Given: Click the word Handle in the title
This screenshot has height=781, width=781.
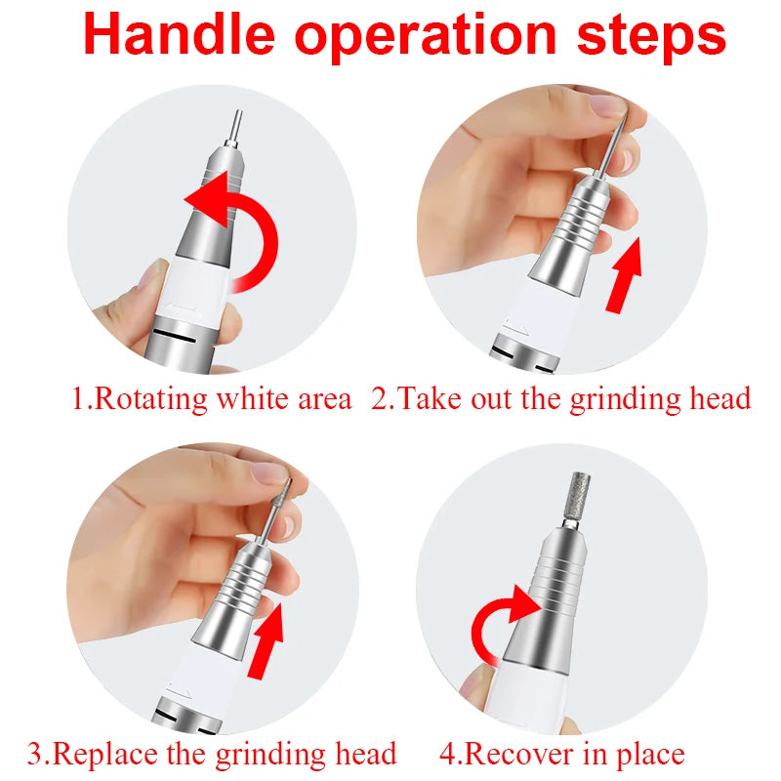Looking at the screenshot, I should (181, 36).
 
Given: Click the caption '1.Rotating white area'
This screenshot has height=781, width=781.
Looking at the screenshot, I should (211, 399).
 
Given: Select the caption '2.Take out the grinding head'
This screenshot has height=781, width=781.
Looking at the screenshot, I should (561, 399).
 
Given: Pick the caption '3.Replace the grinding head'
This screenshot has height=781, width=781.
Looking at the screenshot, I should (212, 754).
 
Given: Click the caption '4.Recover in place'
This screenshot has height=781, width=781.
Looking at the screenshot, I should (561, 754).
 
